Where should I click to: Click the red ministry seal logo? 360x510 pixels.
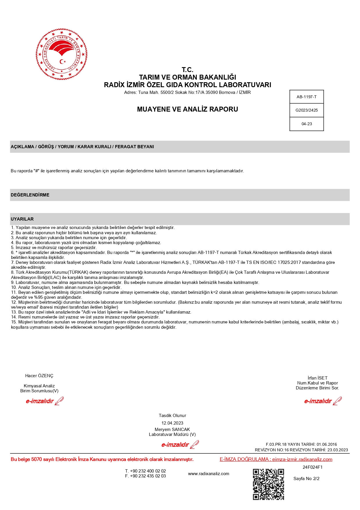tap(62, 54)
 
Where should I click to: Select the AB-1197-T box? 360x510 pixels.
tap(307, 97)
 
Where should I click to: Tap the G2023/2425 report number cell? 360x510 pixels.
tap(307, 110)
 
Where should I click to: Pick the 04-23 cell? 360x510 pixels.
tap(307, 124)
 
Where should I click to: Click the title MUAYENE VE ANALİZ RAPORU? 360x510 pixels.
tap(188, 109)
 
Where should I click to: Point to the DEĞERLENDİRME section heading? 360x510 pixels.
tap(30, 195)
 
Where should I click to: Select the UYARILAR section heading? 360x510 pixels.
tap(22, 219)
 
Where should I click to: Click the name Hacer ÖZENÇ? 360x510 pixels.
tap(39, 376)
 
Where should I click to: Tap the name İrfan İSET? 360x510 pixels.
tap(317, 378)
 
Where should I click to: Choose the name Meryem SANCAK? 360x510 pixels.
tap(172, 429)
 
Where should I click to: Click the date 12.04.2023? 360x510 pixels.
tap(172, 423)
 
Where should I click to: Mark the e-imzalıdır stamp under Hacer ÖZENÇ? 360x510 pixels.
tap(44, 401)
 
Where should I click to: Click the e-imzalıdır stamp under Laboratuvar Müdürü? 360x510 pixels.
tap(180, 445)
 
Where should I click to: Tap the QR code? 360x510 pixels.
tap(268, 484)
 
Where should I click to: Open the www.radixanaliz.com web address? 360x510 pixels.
tap(208, 474)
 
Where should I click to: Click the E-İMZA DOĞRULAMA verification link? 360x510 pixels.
tap(276, 459)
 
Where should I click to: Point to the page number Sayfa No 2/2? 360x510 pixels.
tap(306, 479)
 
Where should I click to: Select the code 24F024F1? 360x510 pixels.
tap(312, 467)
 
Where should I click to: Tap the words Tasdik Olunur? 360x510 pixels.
tap(172, 416)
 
